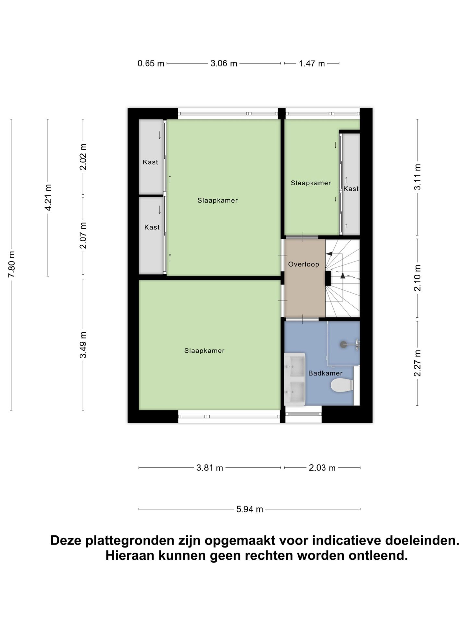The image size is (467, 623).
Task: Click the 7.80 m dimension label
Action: pos(11,264)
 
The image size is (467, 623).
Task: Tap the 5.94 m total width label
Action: pos(249,509)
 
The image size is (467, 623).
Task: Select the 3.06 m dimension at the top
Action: pos(224,63)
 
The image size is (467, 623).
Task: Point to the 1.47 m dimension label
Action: pos(312,63)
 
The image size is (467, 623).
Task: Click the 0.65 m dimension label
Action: pos(151,63)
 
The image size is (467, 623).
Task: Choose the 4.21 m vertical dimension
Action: pos(48,197)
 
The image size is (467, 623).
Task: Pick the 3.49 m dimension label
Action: pos(83,345)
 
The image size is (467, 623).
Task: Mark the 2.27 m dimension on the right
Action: pos(417,363)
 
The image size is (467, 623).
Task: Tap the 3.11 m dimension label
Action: pos(417,177)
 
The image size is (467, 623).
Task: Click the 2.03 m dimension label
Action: pos(322,468)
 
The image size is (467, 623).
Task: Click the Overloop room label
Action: pos(304,264)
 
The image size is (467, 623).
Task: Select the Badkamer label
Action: pos(325,373)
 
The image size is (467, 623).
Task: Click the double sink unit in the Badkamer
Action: pos(295,379)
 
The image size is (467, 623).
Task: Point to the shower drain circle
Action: pos(343,344)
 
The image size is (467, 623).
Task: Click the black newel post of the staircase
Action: pos(328,278)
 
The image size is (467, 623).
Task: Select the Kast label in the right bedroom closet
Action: pos(351,189)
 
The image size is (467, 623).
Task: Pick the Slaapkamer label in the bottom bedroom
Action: pos(204,350)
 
